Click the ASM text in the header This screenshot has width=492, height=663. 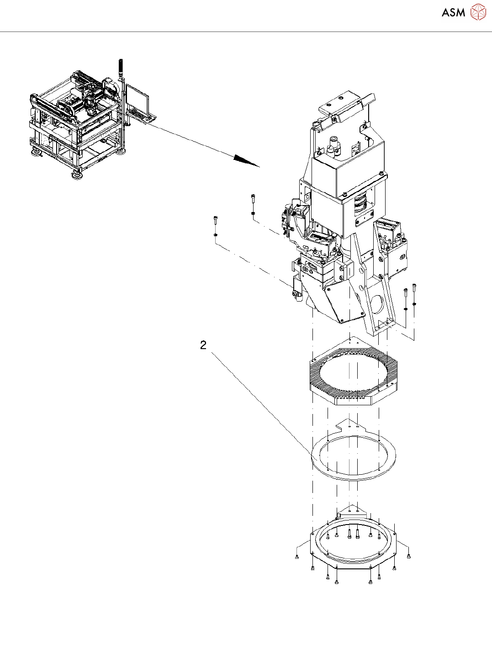[x=453, y=12]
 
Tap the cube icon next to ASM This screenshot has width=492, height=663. [x=478, y=12]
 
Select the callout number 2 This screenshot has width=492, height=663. [x=203, y=345]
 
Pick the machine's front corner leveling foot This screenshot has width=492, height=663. [x=77, y=174]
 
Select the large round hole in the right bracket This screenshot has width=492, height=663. [x=377, y=302]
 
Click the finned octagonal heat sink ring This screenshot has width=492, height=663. [x=352, y=375]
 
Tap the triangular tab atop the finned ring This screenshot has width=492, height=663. [x=349, y=341]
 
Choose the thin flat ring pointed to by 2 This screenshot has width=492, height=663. [x=353, y=457]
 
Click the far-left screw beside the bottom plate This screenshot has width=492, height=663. [x=297, y=557]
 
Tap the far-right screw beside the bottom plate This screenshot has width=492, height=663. [x=409, y=556]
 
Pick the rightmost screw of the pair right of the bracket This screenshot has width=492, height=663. [x=414, y=288]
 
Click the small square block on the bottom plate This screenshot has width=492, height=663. [x=339, y=515]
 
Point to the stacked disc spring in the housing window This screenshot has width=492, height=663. [x=361, y=203]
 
